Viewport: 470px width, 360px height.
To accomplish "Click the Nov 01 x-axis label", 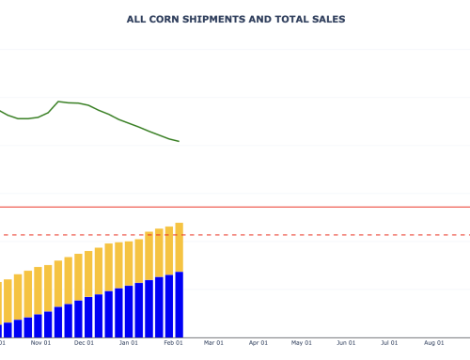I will click(x=39, y=343).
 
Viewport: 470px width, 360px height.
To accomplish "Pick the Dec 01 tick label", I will click(x=84, y=343).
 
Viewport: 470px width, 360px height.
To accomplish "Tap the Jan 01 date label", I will click(x=129, y=343).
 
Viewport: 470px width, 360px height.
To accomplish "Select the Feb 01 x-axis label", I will click(x=173, y=343).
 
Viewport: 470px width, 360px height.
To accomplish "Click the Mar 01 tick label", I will click(x=214, y=343).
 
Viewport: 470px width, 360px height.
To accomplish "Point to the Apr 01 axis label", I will click(x=258, y=343).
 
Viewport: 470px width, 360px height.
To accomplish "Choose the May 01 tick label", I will click(x=302, y=343).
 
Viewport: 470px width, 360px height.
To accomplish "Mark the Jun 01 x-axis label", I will click(x=347, y=343).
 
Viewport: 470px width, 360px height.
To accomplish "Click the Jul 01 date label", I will click(x=390, y=343).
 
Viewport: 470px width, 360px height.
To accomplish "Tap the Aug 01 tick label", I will click(x=434, y=343).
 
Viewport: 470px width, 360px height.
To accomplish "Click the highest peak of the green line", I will click(x=59, y=102).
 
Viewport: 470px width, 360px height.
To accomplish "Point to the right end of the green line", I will click(x=179, y=141).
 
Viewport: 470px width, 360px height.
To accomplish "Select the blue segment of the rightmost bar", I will click(x=179, y=305).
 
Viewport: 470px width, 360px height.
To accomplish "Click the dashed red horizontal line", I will click(x=329, y=235).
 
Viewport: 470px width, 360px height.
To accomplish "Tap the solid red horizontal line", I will click(x=329, y=207).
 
